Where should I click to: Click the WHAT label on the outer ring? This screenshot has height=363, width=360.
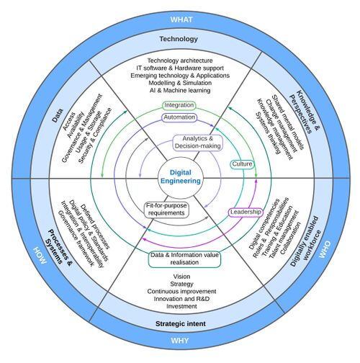tap(179, 18)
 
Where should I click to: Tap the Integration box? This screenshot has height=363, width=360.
tap(179, 106)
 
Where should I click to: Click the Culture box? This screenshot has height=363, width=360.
tap(240, 164)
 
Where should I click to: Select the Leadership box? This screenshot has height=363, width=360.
tap(245, 212)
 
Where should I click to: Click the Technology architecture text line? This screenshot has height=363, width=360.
tap(179, 60)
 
